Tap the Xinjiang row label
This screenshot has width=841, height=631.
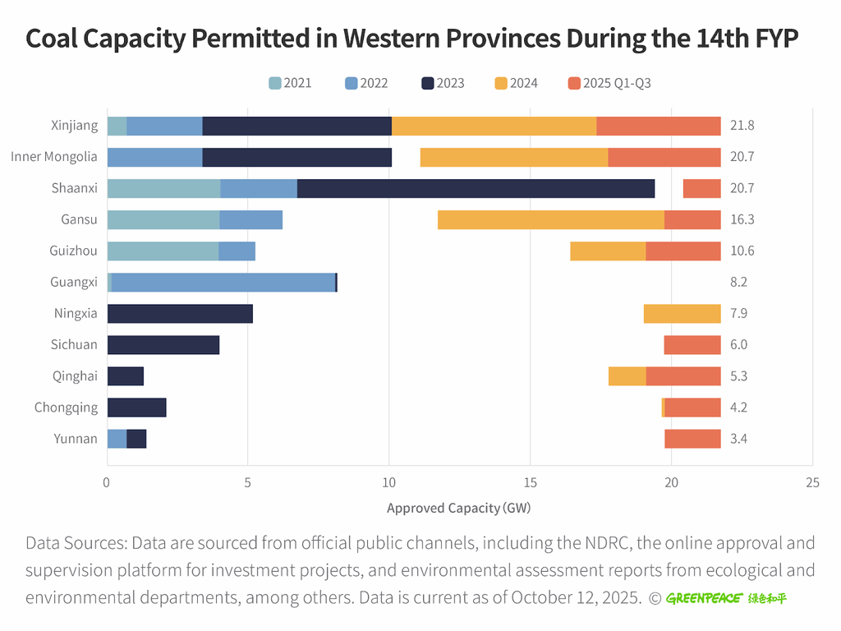click(73, 126)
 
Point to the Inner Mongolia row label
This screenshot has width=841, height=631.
click(54, 157)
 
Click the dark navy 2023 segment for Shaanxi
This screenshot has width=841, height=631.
click(476, 188)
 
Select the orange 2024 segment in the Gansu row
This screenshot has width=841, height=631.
click(551, 219)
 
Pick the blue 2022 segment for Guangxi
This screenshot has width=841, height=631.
click(223, 282)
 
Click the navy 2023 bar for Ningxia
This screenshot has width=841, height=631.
click(180, 313)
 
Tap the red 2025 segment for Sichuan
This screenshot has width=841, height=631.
click(692, 345)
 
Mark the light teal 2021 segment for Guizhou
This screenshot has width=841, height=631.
click(163, 251)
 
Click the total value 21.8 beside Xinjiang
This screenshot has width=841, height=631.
click(742, 126)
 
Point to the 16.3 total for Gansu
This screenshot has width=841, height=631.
click(742, 219)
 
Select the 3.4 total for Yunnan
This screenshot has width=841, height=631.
click(738, 439)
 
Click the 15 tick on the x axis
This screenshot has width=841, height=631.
click(531, 483)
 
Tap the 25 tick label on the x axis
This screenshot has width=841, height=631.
click(812, 483)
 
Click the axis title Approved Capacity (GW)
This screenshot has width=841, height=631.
click(458, 508)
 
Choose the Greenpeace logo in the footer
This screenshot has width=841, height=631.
click(726, 598)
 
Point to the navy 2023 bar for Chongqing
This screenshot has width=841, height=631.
click(136, 408)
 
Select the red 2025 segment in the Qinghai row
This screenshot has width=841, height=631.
click(683, 376)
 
